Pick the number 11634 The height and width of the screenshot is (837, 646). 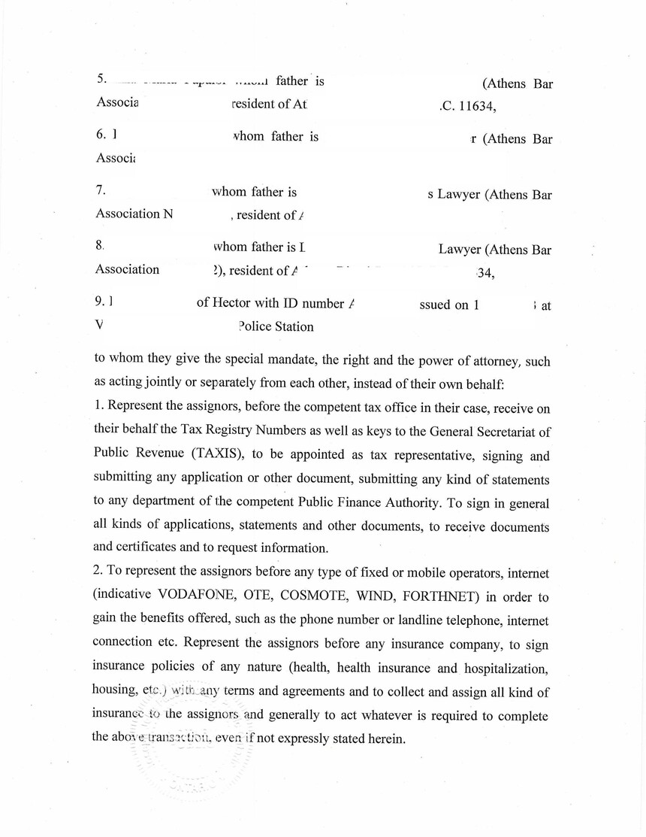[470, 105]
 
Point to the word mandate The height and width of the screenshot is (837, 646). [281, 361]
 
